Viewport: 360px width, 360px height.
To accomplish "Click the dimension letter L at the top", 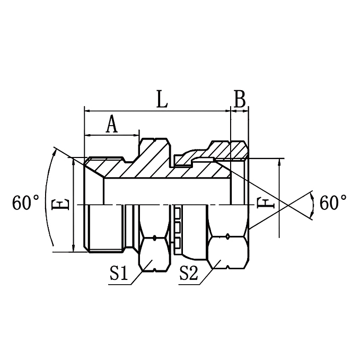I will pos(162,100).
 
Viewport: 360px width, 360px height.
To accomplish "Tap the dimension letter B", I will pos(240,99).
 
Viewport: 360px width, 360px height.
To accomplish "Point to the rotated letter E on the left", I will pos(63,204).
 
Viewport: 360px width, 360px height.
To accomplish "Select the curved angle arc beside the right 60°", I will pos(313,204).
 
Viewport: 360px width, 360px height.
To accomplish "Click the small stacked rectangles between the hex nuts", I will pos(177,228).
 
